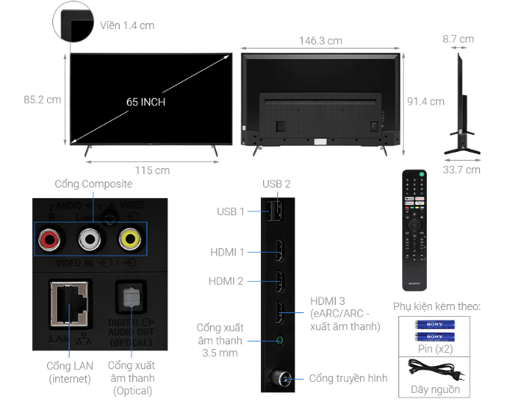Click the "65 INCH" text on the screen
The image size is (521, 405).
(x=146, y=102)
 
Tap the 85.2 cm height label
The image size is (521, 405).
(x=42, y=99)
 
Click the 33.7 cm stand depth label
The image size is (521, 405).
(x=461, y=170)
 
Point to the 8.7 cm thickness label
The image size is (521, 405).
(x=457, y=39)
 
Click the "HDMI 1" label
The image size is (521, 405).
(x=226, y=253)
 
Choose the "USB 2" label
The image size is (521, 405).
(x=276, y=184)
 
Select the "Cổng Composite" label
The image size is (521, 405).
(x=93, y=184)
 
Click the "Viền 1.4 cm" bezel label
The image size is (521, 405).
(x=127, y=25)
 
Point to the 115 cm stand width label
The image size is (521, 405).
(x=152, y=170)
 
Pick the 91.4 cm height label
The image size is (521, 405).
(x=425, y=102)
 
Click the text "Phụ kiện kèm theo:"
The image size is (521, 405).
(x=437, y=306)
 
